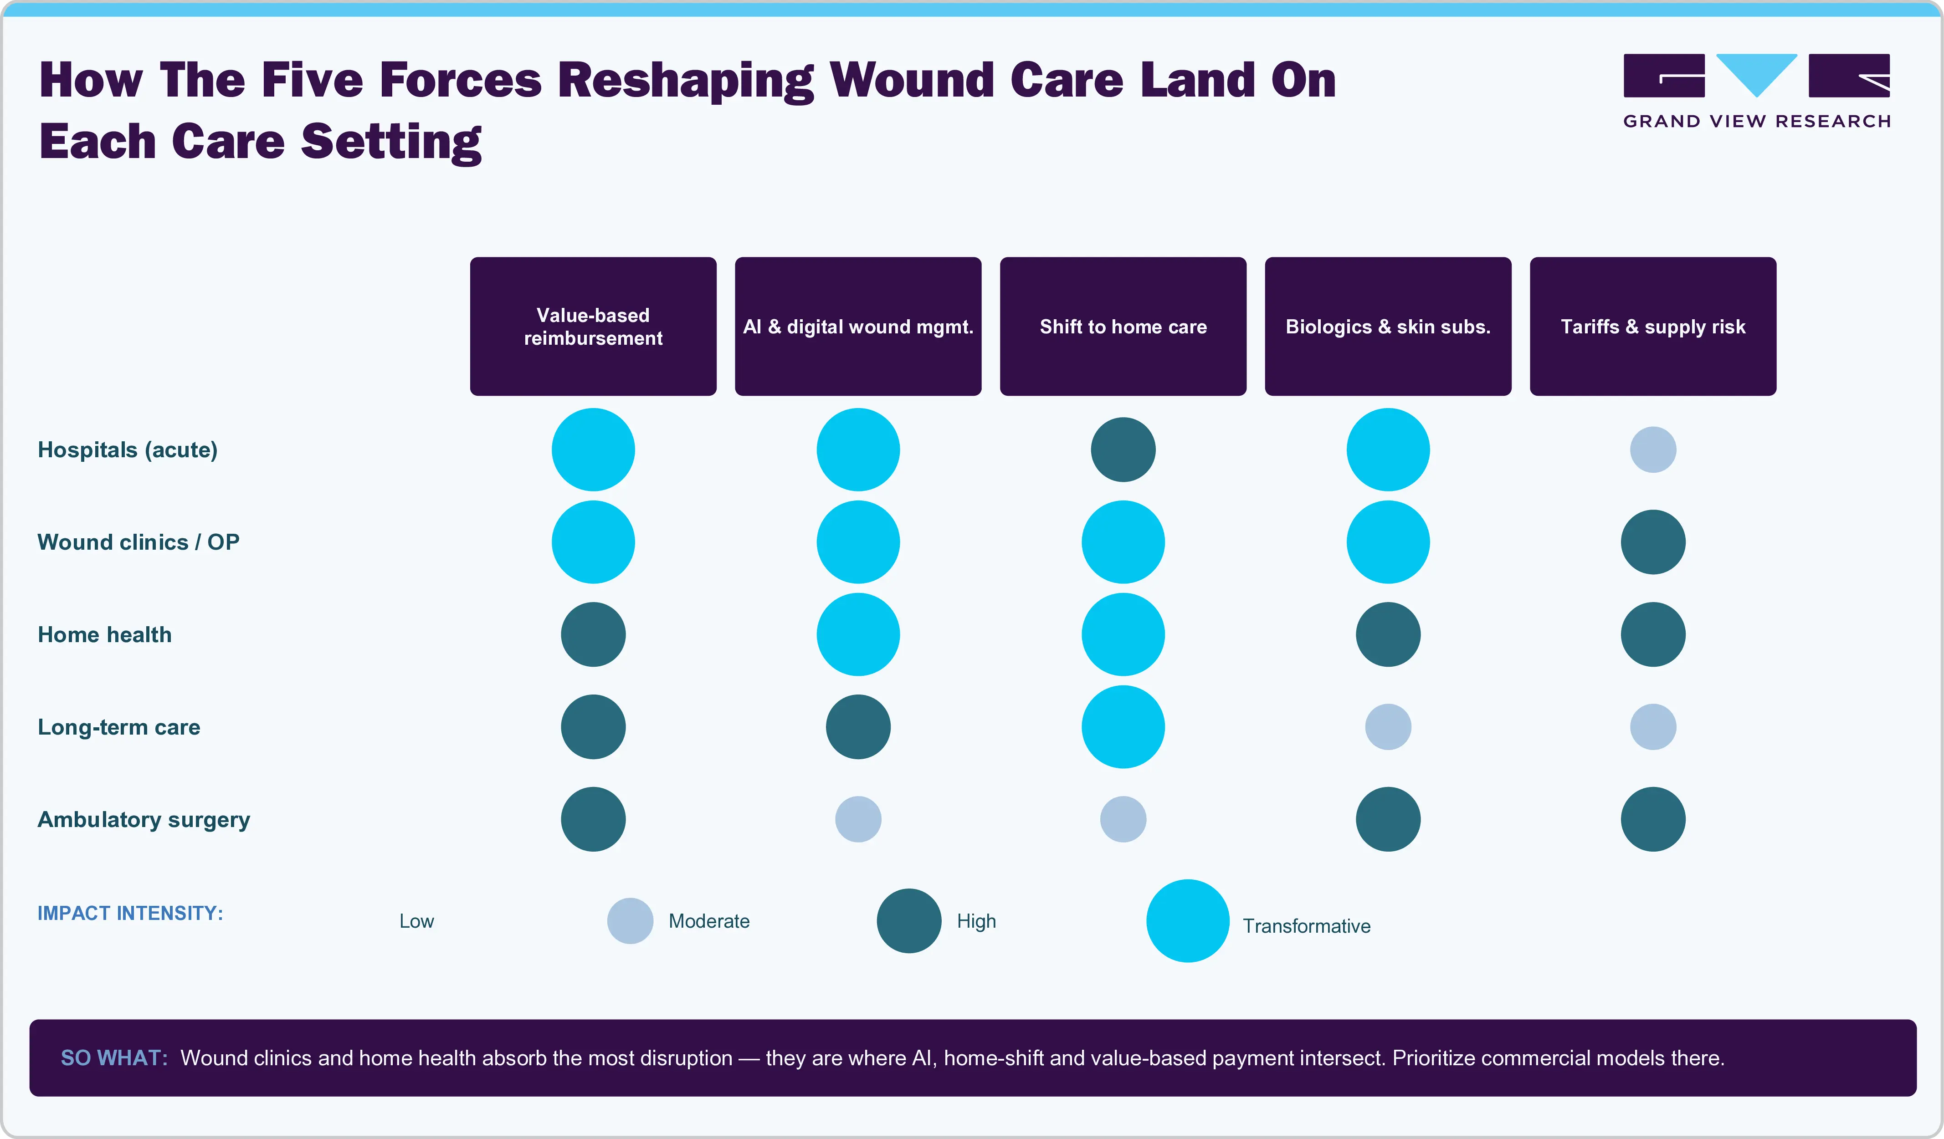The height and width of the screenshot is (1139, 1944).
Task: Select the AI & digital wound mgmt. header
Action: (x=858, y=326)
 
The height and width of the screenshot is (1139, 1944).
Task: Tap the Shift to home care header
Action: (x=1123, y=326)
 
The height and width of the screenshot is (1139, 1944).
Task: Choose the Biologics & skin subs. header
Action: (x=1388, y=326)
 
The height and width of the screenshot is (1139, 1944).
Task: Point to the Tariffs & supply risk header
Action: (x=1653, y=326)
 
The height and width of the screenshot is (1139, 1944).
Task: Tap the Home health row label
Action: (x=104, y=635)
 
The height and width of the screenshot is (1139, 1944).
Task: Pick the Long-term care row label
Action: (x=119, y=727)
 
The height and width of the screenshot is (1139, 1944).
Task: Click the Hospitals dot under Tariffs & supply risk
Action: (x=1653, y=449)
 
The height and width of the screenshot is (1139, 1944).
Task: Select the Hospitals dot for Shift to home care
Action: (x=1123, y=449)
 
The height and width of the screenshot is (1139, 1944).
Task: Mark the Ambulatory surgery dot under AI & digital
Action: (x=858, y=819)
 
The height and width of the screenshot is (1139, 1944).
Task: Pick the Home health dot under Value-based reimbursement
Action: (x=593, y=635)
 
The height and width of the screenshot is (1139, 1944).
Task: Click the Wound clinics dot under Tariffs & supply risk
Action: (x=1653, y=542)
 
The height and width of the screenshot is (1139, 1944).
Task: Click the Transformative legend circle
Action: (x=1188, y=921)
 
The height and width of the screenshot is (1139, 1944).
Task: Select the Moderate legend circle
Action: (x=630, y=921)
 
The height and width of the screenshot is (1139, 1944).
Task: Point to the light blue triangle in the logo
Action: (x=1757, y=71)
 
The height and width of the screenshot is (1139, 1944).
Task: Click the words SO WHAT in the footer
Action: (x=114, y=1058)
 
